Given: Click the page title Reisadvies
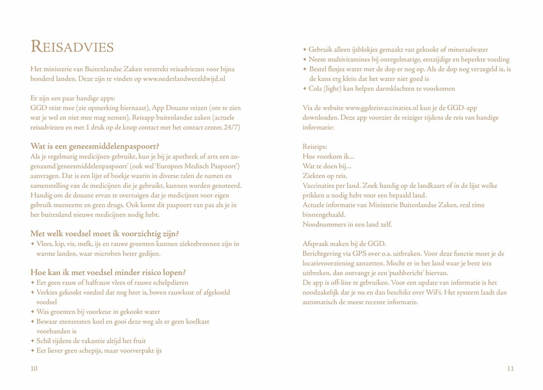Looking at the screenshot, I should (x=72, y=47).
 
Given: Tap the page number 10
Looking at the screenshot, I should (x=34, y=369).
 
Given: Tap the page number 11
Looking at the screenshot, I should (x=510, y=369).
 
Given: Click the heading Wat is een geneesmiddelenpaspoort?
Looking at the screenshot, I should (x=95, y=146).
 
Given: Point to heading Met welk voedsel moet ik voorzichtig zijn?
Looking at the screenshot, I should (x=105, y=234).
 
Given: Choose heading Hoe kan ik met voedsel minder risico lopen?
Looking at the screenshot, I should (x=108, y=273).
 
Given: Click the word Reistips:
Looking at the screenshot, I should (x=315, y=147).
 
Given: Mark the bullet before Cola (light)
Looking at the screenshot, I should (x=305, y=89).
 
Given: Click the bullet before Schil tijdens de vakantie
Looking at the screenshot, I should (x=33, y=341).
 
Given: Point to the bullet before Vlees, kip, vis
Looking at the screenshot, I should (x=33, y=244).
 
